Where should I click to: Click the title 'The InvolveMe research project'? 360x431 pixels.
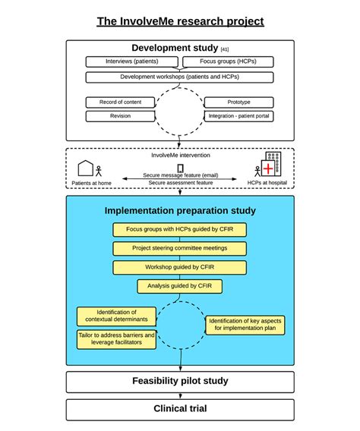(180, 20)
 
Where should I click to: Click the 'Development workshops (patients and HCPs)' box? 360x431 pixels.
(179, 77)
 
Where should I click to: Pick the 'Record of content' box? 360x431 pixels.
(120, 102)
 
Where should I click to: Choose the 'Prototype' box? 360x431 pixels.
(239, 102)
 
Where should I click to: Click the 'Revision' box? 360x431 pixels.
(120, 116)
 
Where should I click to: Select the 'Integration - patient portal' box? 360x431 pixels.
(239, 116)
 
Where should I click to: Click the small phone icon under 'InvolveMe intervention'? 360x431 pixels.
(181, 168)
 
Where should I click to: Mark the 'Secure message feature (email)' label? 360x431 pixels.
(180, 175)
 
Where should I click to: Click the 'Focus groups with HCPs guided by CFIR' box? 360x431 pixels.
(180, 229)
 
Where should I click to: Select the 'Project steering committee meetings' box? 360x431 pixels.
(180, 248)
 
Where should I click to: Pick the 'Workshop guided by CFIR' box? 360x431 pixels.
(180, 267)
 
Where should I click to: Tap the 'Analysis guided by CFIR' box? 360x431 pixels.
(180, 286)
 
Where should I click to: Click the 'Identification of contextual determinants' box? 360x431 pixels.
(116, 316)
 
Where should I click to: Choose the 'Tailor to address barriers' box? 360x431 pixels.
(116, 338)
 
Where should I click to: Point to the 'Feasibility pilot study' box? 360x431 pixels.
(180, 381)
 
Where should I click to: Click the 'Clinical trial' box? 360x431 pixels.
(180, 409)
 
